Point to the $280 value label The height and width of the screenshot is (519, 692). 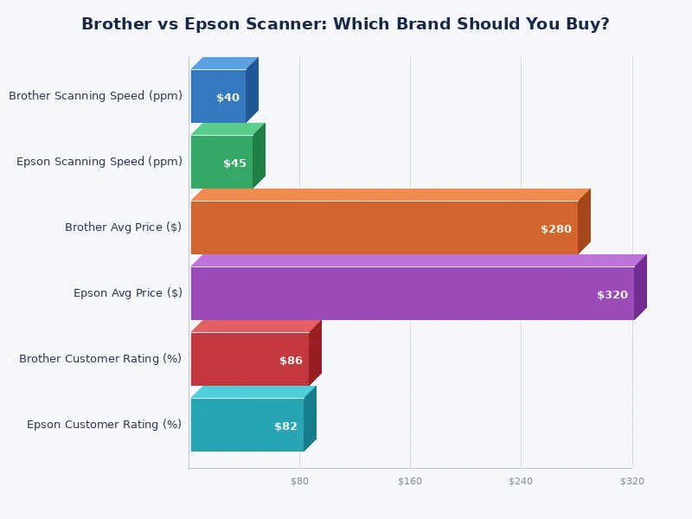(556, 229)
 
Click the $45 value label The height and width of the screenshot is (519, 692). (234, 163)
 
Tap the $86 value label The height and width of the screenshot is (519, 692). (291, 361)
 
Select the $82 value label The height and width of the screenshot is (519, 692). (285, 426)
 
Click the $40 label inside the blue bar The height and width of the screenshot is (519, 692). (227, 98)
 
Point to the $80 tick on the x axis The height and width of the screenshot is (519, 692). (299, 481)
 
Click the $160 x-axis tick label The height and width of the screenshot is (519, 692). (410, 481)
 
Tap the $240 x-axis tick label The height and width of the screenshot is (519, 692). (521, 481)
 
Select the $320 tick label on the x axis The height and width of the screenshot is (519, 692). (632, 481)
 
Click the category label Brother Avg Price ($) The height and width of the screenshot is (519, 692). (123, 227)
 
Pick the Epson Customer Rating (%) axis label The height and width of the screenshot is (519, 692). (104, 425)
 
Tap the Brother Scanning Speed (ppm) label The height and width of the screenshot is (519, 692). (95, 96)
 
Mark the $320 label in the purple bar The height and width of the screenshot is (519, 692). (612, 295)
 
